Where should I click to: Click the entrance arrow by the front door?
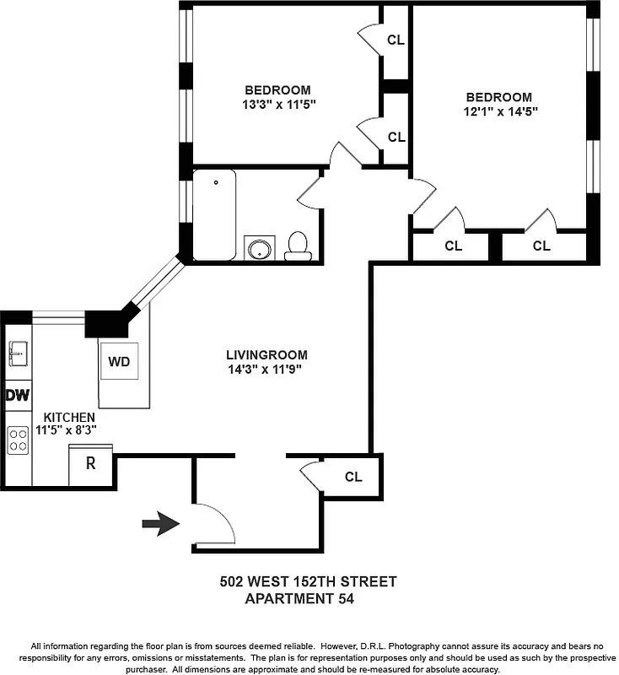point(160,524)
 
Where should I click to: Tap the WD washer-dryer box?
point(119,362)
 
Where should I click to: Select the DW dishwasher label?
point(18,395)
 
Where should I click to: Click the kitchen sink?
point(19,354)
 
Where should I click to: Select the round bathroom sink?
point(259,249)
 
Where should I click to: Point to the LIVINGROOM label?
point(266,355)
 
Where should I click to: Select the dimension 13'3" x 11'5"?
point(277,105)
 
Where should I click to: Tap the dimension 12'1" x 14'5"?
point(499,111)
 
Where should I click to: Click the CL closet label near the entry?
point(353,477)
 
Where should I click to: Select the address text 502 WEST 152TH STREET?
point(308,581)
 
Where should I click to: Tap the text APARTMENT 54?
point(299,599)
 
